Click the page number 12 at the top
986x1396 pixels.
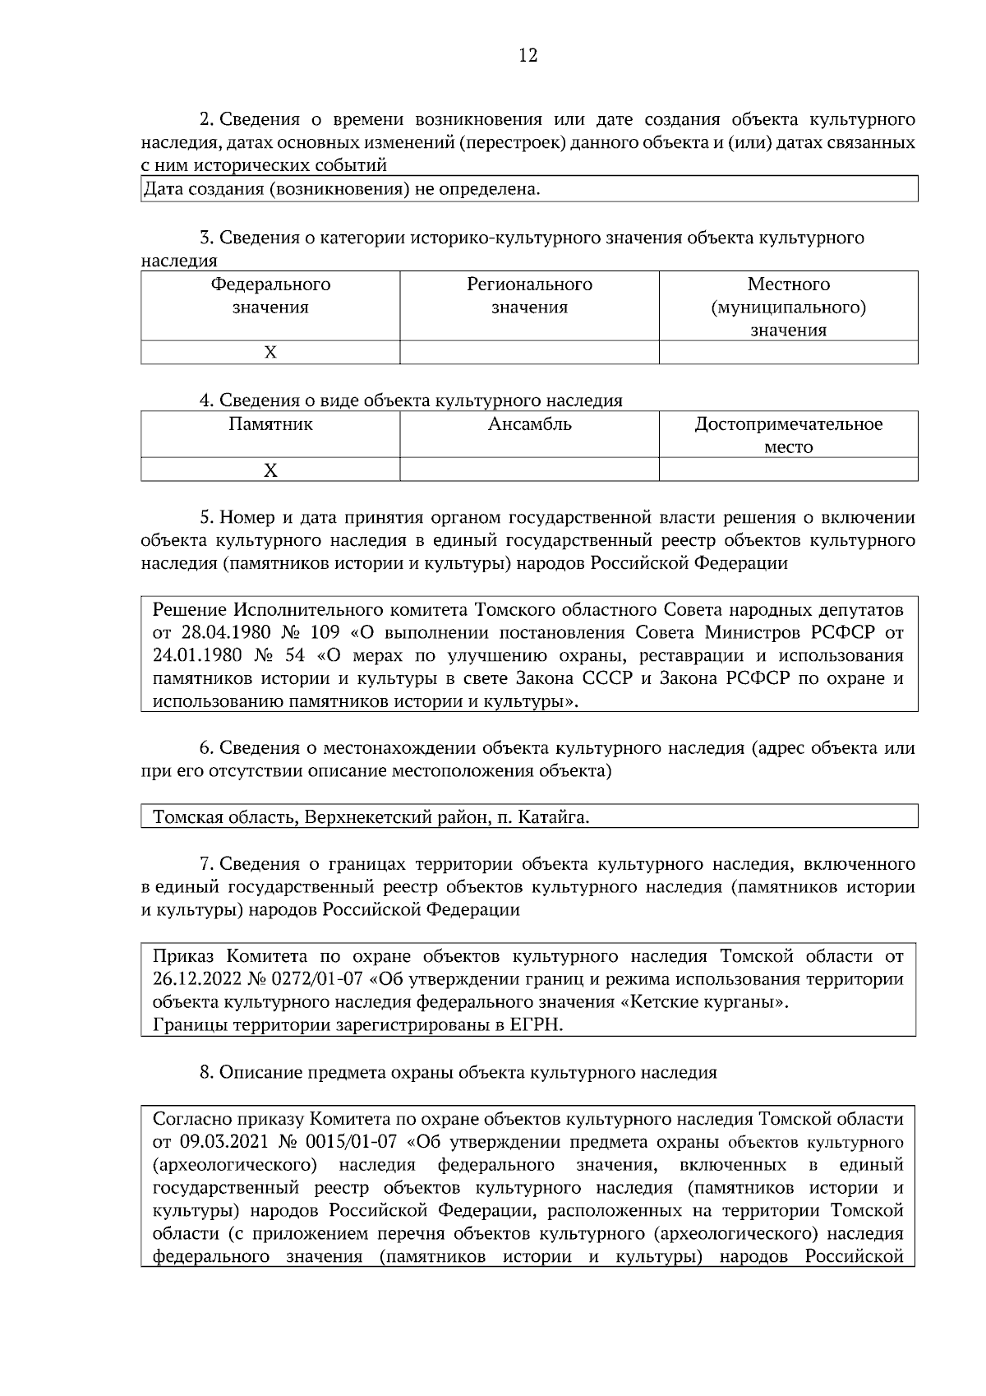(528, 55)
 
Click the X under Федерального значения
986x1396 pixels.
(270, 353)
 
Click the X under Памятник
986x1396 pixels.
(270, 470)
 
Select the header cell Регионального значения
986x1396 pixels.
(529, 296)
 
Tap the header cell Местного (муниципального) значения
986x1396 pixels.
(788, 307)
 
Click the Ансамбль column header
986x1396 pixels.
(529, 425)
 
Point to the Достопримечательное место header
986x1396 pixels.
(788, 436)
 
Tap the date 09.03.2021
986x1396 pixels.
(218, 1142)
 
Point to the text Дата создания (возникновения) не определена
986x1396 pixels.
(342, 190)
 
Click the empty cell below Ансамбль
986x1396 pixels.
(529, 470)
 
